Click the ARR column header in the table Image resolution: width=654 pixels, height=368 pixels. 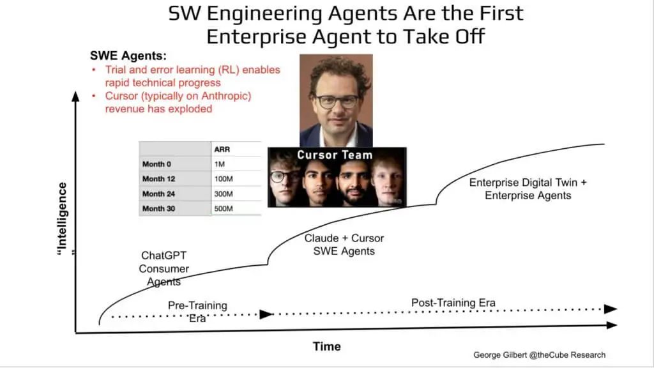[x=222, y=149]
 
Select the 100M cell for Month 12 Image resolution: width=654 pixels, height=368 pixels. [x=224, y=179]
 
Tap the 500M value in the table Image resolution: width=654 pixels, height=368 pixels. [x=224, y=209]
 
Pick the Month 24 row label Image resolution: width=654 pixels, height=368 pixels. [x=158, y=194]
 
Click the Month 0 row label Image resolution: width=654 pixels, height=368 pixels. [x=156, y=164]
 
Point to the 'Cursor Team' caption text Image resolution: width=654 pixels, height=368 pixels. [x=335, y=155]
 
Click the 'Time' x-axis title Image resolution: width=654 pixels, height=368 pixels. [x=326, y=346]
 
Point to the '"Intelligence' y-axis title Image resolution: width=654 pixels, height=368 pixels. [x=62, y=218]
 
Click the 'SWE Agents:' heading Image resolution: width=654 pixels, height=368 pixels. [x=128, y=56]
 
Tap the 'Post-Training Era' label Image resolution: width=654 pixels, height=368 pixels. [x=453, y=302]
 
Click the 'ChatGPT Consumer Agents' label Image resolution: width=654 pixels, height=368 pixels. [x=164, y=269]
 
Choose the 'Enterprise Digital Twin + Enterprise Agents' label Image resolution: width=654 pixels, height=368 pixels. [x=528, y=189]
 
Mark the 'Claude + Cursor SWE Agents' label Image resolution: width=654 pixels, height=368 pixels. [x=344, y=245]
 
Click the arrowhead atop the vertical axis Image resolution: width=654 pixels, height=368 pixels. [x=75, y=96]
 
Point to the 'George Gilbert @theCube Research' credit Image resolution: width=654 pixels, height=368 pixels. [x=539, y=355]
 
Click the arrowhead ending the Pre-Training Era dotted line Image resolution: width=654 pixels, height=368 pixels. [x=266, y=314]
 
